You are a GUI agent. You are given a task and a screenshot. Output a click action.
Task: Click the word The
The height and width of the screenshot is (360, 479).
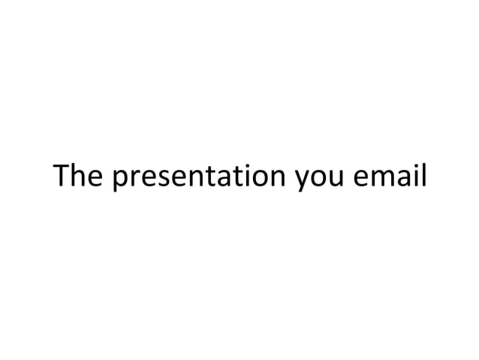click(x=79, y=177)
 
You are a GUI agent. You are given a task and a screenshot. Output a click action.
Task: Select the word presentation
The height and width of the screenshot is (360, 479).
click(x=199, y=178)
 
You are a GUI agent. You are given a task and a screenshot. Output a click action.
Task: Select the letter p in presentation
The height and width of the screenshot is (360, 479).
click(x=120, y=181)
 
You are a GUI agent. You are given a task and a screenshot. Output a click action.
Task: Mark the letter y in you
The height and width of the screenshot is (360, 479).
click(x=301, y=182)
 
